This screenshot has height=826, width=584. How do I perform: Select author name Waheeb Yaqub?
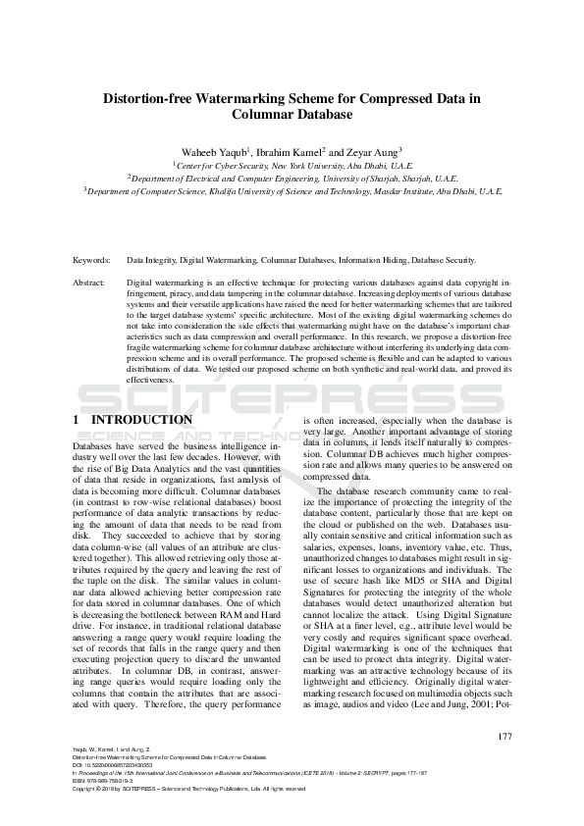pos(211,152)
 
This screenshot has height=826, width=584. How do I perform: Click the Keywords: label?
pos(91,261)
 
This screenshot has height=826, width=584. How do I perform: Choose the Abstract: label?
pos(89,282)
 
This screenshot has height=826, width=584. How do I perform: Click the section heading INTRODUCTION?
pos(141,420)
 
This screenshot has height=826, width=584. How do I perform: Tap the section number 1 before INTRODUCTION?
pos(77,420)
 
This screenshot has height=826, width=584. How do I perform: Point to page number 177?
pos(504,737)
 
